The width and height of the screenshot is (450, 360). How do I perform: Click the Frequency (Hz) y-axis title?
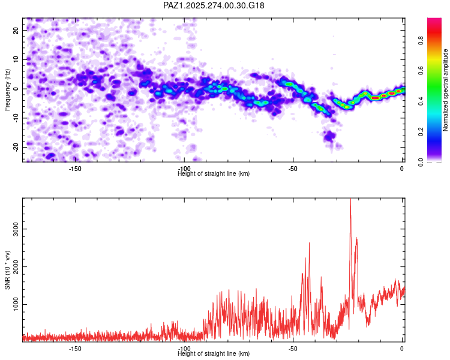7,90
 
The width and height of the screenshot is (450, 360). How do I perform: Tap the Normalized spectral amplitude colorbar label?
446,90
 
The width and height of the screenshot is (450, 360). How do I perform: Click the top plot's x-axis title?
214,174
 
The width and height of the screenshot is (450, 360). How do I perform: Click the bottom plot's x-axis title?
214,354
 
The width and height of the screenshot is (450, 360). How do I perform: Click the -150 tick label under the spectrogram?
75,169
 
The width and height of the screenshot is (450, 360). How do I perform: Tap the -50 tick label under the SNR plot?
293,349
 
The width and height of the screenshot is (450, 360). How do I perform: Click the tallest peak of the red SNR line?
350,200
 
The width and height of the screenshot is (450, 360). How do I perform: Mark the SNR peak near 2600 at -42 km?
310,243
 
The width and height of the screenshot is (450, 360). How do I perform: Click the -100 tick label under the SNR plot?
184,349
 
